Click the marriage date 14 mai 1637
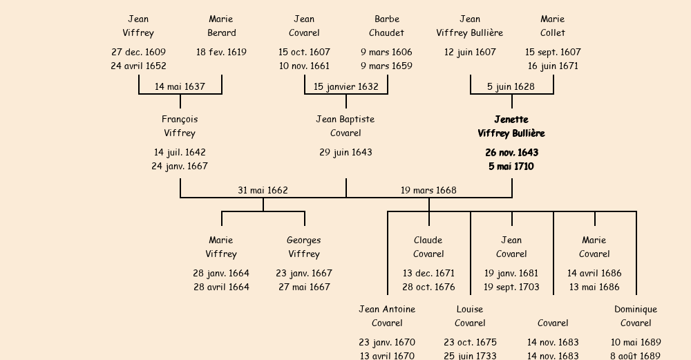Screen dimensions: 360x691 180,86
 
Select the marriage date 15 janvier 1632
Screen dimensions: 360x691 345,86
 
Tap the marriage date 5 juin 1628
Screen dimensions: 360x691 511,86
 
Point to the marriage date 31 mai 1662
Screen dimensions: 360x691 263,190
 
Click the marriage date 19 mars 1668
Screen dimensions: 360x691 428,190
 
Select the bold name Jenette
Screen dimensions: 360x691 511,120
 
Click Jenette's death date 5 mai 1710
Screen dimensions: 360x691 511,167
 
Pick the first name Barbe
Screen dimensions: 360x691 387,19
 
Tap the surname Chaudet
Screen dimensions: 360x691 387,32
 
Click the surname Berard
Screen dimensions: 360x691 221,32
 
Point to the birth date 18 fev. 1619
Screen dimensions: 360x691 221,52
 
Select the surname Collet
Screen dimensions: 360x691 553,32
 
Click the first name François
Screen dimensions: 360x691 180,120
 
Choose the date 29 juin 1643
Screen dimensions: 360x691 345,152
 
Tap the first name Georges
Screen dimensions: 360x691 304,240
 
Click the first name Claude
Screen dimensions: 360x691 428,240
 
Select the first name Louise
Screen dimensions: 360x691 470,310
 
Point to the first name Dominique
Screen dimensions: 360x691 636,310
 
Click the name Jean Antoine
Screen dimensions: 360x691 387,310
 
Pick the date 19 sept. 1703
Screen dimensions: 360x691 511,287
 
